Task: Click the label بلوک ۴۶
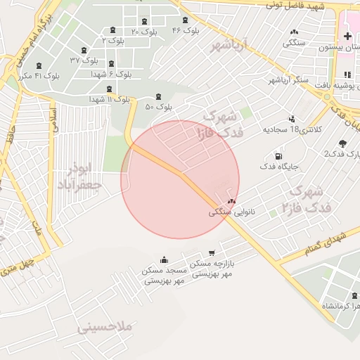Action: [186, 30]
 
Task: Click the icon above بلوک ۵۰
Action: [157, 96]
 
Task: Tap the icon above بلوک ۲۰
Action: [145, 22]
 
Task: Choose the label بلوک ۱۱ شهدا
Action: [109, 100]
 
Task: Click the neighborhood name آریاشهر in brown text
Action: [229, 46]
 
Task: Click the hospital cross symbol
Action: [347, 36]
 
